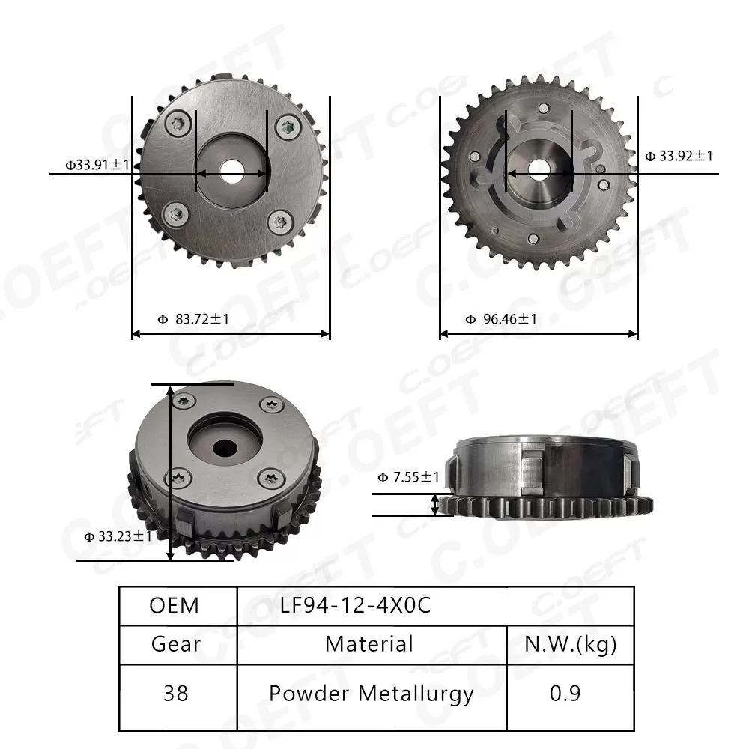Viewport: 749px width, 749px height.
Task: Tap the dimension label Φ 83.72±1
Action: point(193,319)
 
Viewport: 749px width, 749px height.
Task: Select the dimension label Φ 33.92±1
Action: point(679,156)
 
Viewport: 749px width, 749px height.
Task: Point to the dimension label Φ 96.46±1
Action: point(500,319)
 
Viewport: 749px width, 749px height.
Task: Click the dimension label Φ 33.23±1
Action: point(118,536)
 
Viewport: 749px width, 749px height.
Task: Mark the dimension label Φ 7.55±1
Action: point(408,477)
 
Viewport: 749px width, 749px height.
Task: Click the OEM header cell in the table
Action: point(175,605)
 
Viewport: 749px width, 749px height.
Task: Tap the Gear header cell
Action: point(176,643)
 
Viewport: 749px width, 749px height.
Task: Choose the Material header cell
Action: point(369,643)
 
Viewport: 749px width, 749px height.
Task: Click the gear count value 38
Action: point(176,694)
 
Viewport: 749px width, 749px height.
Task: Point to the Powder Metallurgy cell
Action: point(372,694)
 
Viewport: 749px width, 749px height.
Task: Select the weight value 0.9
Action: point(565,694)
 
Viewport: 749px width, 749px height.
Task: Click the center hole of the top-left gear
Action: point(232,172)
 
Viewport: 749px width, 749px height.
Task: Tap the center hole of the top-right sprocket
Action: point(539,170)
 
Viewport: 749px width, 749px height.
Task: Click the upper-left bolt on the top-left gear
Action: point(178,124)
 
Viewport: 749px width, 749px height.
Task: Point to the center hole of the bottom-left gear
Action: point(224,447)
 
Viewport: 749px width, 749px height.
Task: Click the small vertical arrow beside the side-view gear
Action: point(435,504)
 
